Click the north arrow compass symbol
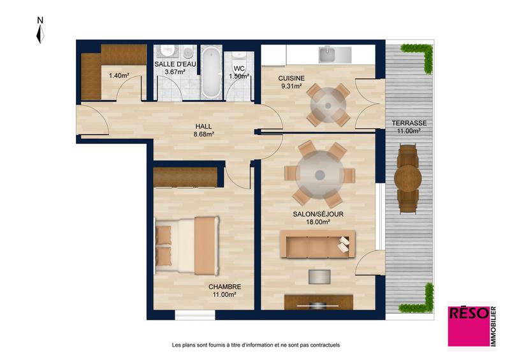click(40, 32)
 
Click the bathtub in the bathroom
click(210, 71)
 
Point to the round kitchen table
click(328, 104)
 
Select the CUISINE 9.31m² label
click(291, 83)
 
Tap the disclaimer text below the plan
click(256, 345)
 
